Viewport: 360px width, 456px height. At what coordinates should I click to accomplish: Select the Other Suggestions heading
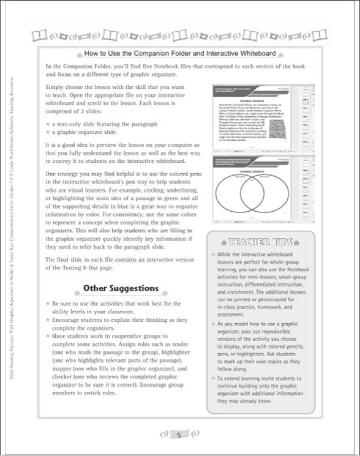point(121,288)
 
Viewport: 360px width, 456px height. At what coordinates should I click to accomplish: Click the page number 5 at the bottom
point(179,435)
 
